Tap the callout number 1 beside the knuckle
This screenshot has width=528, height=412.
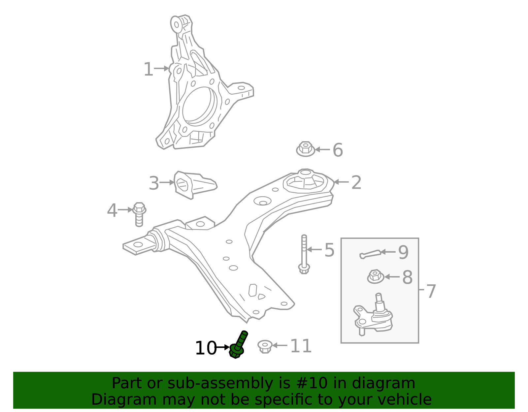(148, 70)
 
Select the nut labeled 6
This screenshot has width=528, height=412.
(305, 149)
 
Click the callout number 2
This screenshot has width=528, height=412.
(356, 182)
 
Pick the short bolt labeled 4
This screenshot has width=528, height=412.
(139, 214)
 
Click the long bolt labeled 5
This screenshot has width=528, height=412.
(304, 254)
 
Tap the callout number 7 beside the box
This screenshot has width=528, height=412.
(431, 291)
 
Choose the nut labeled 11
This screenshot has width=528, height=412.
(265, 346)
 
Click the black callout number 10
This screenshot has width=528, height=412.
(205, 348)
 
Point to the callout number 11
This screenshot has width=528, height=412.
(301, 346)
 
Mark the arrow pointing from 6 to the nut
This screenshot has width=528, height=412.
(322, 149)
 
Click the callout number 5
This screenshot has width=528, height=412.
(329, 250)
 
